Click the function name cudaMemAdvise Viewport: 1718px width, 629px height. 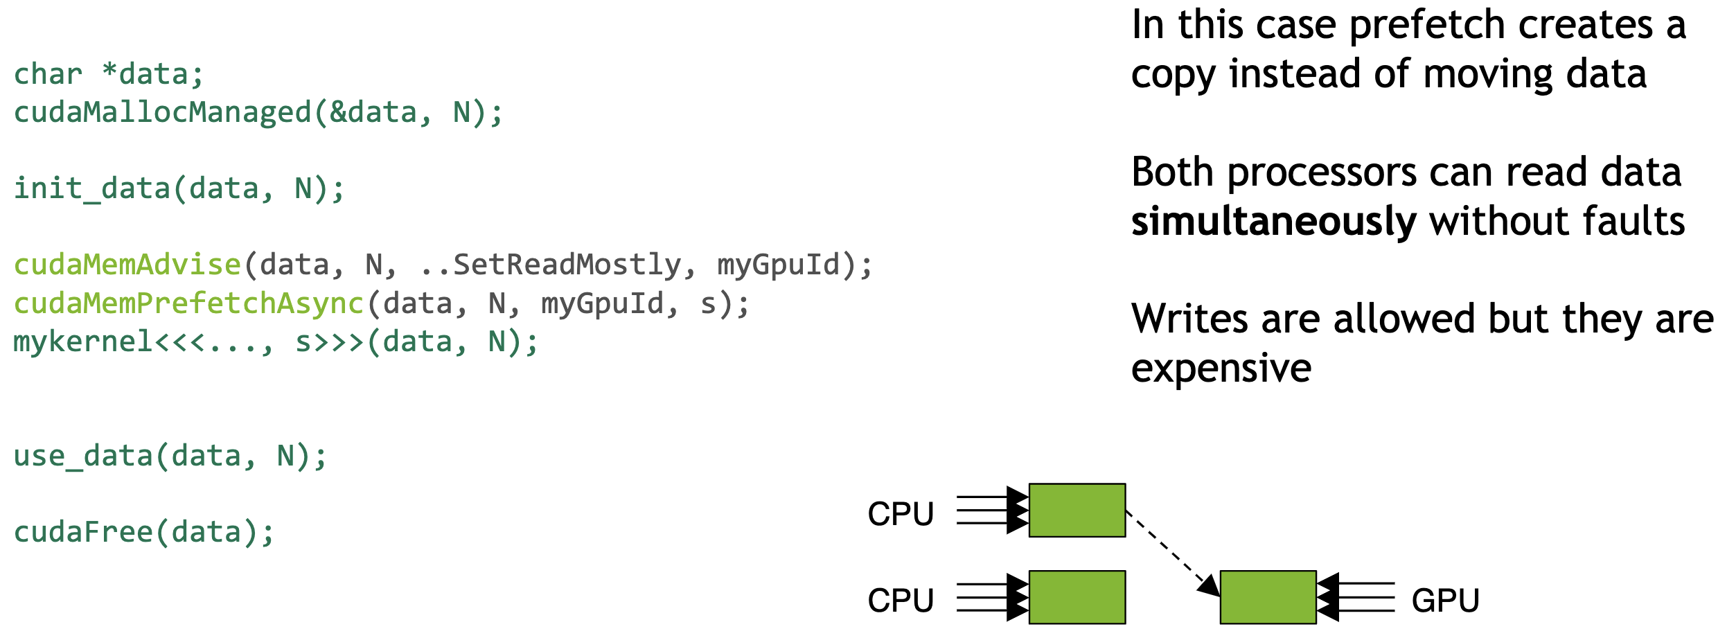tap(127, 265)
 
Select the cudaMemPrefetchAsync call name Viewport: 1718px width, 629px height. tap(188, 303)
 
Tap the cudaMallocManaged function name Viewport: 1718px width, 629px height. tap(163, 112)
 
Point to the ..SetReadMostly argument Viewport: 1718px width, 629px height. tap(551, 265)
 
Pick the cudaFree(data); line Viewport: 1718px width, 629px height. tap(144, 532)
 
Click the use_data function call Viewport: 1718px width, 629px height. tap(83, 456)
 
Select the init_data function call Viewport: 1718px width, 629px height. tap(92, 188)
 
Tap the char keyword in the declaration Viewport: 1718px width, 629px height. tap(48, 74)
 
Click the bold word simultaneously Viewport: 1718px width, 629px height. tap(1273, 222)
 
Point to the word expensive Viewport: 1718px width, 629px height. tap(1221, 368)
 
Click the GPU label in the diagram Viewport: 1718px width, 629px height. tap(1445, 600)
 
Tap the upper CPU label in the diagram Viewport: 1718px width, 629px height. tap(901, 513)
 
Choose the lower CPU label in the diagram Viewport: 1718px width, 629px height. tap(901, 600)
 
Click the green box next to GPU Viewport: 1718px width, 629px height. tap(1268, 597)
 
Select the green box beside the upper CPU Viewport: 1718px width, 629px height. tap(1077, 511)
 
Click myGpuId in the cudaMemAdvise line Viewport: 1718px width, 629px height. tap(778, 265)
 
